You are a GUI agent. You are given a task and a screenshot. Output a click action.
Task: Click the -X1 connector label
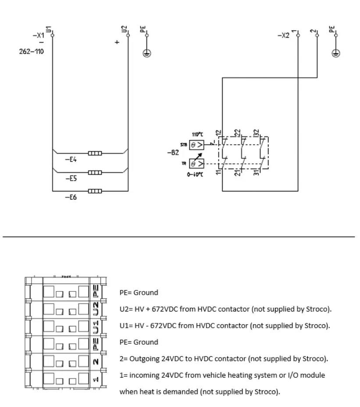39,35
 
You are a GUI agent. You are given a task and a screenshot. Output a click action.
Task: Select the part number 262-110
32,51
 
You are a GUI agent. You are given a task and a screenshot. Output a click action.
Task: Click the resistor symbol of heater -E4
95,153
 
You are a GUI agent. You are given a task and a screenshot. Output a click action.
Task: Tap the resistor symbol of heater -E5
95,172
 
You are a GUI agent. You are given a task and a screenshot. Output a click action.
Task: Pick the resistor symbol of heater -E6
95,191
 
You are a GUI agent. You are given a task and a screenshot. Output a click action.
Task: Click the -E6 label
71,198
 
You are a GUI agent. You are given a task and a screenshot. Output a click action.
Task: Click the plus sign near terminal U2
117,42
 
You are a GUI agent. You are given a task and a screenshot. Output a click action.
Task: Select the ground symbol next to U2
147,53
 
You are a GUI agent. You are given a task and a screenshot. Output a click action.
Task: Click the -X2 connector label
284,35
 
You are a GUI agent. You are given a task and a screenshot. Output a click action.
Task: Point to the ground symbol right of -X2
336,53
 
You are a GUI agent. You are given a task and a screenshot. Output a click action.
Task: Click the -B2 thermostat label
173,153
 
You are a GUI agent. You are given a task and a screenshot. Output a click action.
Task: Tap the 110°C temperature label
197,134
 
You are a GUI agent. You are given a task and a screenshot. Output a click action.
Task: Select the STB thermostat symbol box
197,144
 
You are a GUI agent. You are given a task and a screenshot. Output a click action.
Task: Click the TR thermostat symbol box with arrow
197,163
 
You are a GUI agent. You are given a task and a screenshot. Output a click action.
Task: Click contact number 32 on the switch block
257,132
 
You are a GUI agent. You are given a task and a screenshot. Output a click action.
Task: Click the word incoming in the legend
140,375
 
